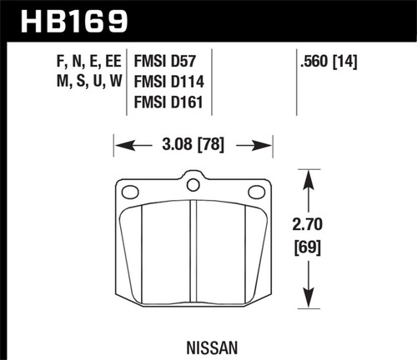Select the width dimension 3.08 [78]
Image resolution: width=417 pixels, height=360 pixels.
pos(193,146)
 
